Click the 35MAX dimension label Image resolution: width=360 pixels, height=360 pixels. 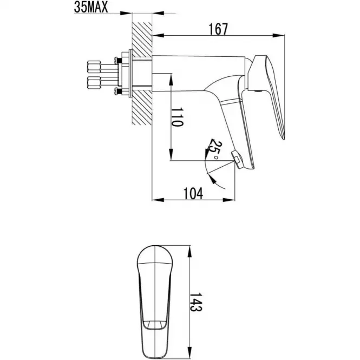(x=91, y=8)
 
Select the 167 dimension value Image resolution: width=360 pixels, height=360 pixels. (x=218, y=29)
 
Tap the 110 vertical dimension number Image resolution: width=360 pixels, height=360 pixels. (x=178, y=117)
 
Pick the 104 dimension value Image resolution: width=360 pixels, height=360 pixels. (x=193, y=194)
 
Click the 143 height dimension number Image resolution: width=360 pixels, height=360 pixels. (x=196, y=302)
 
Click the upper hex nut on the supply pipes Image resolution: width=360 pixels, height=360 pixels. (x=94, y=67)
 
